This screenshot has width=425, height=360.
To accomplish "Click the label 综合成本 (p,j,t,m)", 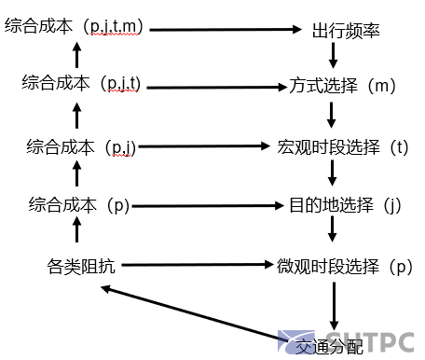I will (x=75, y=28).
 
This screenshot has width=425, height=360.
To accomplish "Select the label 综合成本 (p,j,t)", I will (x=81, y=84).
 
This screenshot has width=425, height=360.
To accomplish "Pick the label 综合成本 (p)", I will (x=78, y=204).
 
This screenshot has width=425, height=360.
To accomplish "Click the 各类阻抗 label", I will (x=82, y=266).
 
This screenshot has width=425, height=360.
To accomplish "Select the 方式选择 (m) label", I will (x=343, y=88).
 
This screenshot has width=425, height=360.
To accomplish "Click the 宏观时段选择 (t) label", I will (x=342, y=147).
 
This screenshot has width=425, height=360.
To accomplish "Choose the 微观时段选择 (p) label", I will (x=343, y=266).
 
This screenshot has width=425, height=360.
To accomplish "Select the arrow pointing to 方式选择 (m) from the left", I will (x=214, y=88).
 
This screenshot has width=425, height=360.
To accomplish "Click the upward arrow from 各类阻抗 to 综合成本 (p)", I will (x=78, y=235).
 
